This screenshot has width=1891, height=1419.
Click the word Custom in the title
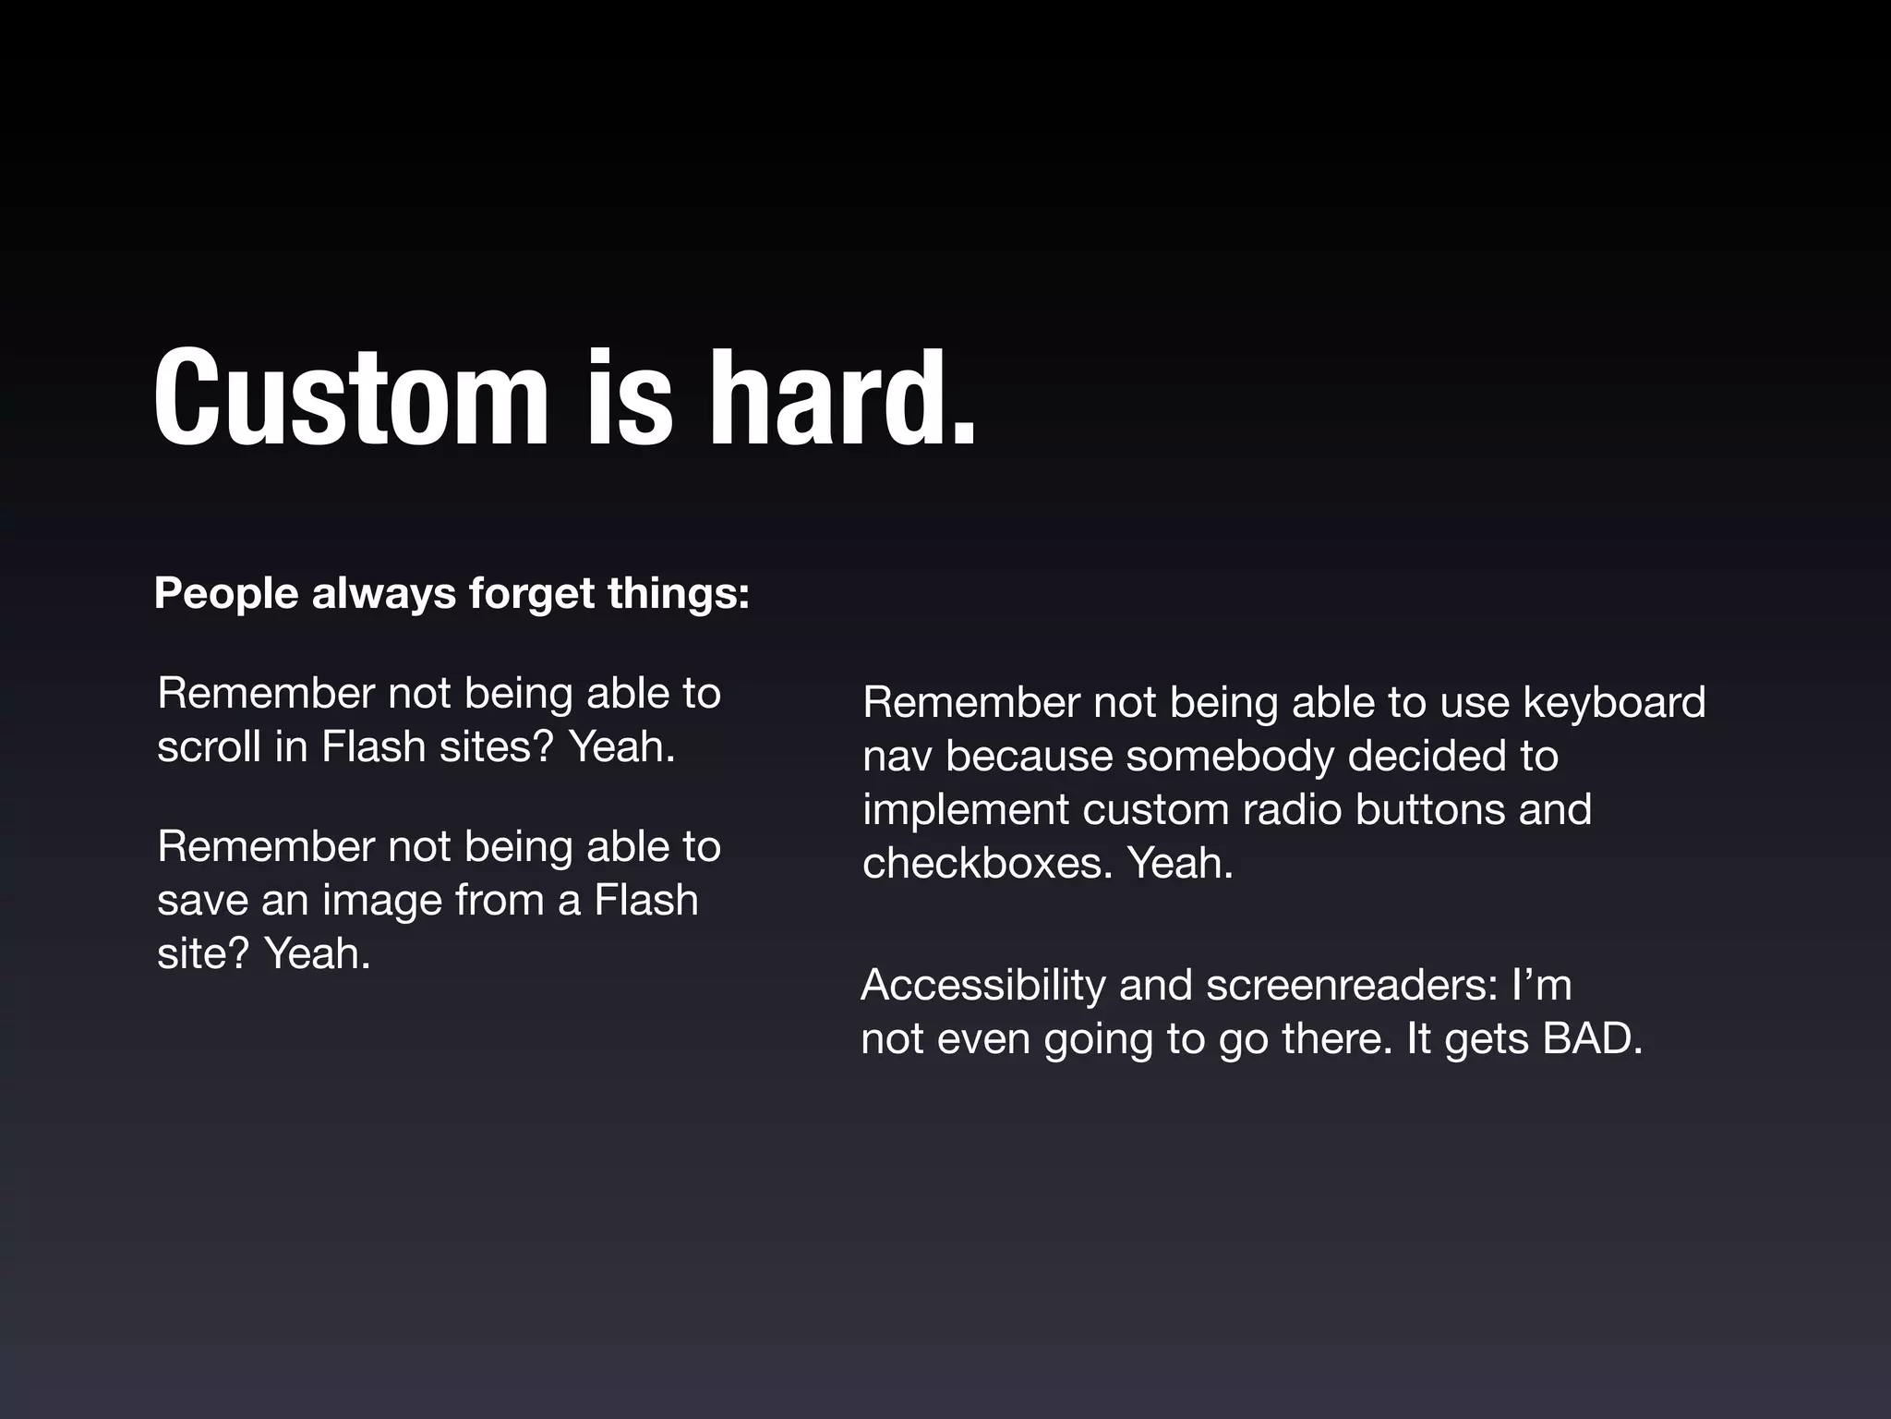[x=351, y=399]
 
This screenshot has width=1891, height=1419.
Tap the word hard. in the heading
[x=841, y=399]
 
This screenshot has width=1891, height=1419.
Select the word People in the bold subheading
[x=226, y=593]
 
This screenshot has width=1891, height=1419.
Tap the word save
[x=201, y=900]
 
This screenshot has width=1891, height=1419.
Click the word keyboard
[x=1614, y=703]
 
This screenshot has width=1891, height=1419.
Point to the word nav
[x=896, y=758]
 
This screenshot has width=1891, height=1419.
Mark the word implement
[x=965, y=811]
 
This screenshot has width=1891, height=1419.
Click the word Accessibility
[x=982, y=985]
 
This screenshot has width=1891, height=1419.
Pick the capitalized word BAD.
[x=1592, y=1039]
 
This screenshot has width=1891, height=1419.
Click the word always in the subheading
[x=384, y=595]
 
